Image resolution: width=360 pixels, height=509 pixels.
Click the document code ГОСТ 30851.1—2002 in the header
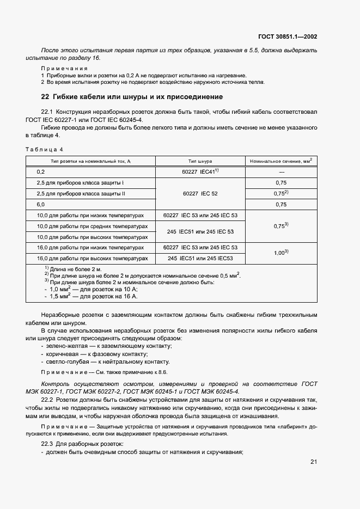pyautogui.click(x=288, y=37)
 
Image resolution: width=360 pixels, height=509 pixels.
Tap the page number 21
pyautogui.click(x=314, y=462)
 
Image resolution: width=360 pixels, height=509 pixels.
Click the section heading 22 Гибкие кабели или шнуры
pyautogui.click(x=132, y=97)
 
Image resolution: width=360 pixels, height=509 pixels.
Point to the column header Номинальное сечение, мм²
pyautogui.click(x=281, y=161)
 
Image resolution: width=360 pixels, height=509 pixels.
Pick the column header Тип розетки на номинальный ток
pyautogui.click(x=91, y=161)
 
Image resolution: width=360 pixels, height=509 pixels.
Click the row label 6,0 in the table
pyautogui.click(x=40, y=204)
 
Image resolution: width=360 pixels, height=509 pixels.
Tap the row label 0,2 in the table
pyautogui.click(x=40, y=171)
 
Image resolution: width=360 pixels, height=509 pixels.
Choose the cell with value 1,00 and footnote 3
pyautogui.click(x=281, y=253)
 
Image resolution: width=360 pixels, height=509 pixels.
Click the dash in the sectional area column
pyautogui.click(x=281, y=172)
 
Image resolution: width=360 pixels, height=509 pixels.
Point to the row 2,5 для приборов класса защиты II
pyautogui.click(x=81, y=193)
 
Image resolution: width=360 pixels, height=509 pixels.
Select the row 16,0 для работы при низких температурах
pyautogui.click(x=90, y=247)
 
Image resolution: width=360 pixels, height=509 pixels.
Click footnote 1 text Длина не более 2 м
pyautogui.click(x=76, y=269)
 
